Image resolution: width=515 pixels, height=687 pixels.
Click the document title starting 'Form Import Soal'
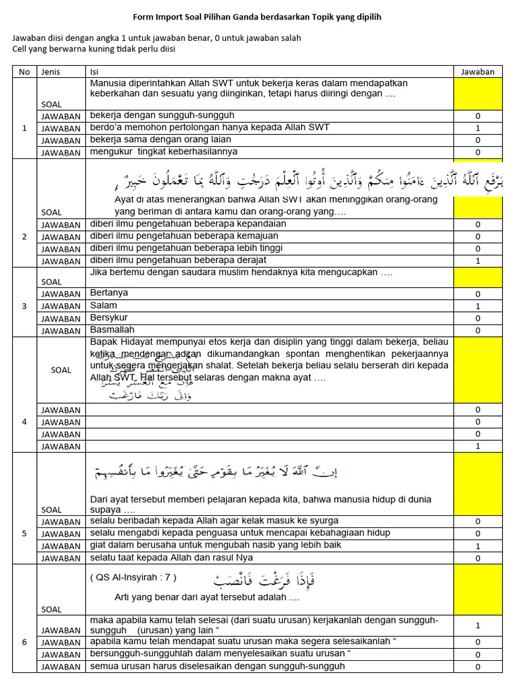pyautogui.click(x=257, y=17)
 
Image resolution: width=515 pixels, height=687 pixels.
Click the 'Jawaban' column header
pyautogui.click(x=478, y=72)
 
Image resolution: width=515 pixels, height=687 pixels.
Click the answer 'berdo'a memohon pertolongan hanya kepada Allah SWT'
pyautogui.click(x=209, y=127)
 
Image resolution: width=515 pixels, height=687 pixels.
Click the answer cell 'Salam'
pyautogui.click(x=103, y=305)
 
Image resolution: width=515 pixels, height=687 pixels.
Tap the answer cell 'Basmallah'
pyautogui.click(x=112, y=330)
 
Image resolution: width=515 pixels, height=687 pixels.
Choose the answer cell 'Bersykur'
pyautogui.click(x=109, y=317)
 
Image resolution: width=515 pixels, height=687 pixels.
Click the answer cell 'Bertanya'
pyautogui.click(x=109, y=293)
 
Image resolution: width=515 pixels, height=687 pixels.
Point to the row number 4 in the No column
pyautogui.click(x=25, y=422)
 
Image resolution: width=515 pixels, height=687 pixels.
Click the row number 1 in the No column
pyautogui.click(x=25, y=127)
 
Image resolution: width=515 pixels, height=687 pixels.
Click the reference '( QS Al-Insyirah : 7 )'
pyautogui.click(x=133, y=578)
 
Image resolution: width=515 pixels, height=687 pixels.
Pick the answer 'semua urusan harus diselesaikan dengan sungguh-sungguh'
pyautogui.click(x=217, y=666)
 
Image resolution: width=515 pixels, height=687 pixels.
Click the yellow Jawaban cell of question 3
pyautogui.click(x=478, y=278)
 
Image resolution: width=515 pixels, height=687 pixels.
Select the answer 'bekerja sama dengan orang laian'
pyautogui.click(x=160, y=140)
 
